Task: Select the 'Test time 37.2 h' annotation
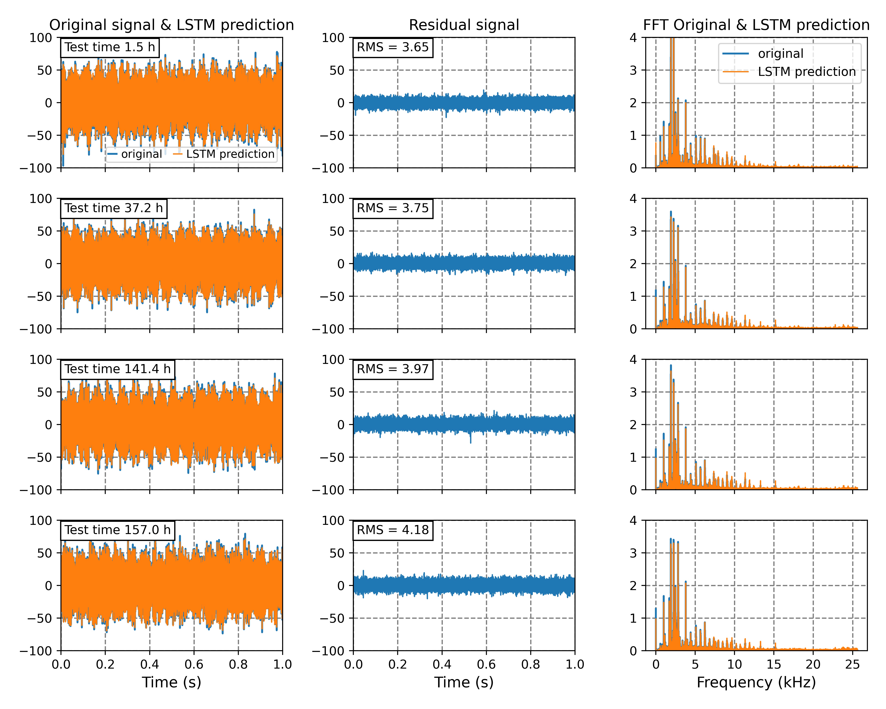coord(113,208)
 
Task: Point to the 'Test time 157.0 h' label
coord(117,530)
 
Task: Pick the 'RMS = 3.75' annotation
coord(392,208)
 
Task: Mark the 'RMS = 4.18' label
coord(392,530)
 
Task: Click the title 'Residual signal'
coord(464,25)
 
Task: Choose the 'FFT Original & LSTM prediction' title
coord(756,25)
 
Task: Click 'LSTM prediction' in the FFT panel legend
coord(807,72)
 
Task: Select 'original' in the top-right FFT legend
coord(780,54)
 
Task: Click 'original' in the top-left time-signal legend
coord(141,154)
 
